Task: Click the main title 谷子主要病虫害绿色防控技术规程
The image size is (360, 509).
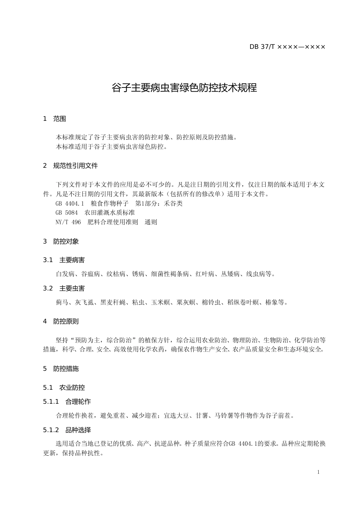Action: [184, 88]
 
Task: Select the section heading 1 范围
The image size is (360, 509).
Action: [55, 119]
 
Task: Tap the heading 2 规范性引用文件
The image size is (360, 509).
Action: [70, 166]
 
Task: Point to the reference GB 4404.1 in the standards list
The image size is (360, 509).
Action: [69, 204]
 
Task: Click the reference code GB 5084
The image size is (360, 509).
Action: [66, 213]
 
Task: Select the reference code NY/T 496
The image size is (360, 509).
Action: [68, 222]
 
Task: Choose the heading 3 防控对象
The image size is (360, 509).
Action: [61, 241]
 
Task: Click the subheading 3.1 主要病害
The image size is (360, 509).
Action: [64, 260]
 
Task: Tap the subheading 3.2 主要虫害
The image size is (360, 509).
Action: [64, 289]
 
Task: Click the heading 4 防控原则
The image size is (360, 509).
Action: [61, 322]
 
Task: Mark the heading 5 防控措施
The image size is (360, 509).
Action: [61, 368]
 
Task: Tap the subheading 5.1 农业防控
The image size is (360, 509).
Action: [64, 387]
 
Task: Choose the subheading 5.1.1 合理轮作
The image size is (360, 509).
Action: [67, 401]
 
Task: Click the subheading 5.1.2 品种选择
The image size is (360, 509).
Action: [67, 430]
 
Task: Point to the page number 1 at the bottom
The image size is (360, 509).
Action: [318, 472]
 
